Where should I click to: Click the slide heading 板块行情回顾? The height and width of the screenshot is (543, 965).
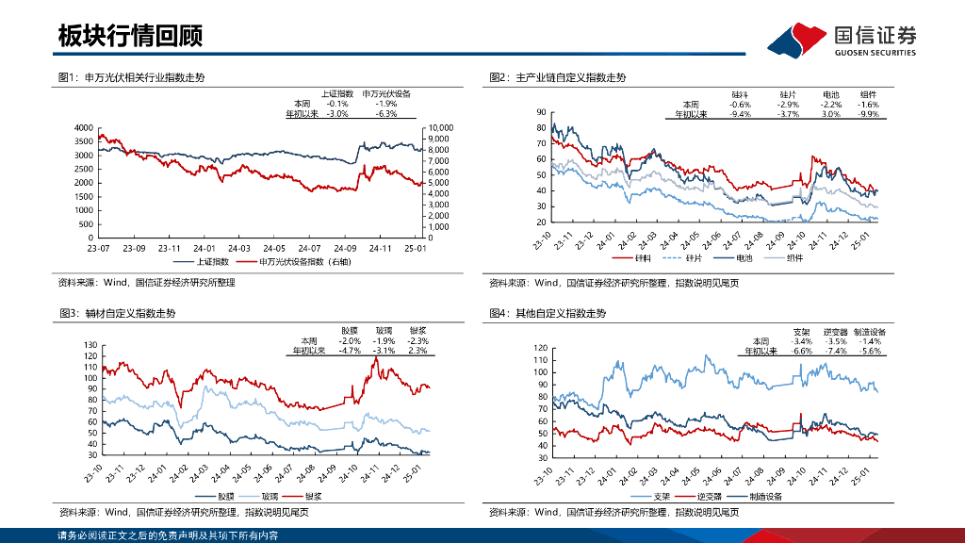[x=130, y=37]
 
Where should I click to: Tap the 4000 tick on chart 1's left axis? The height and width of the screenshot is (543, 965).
[x=83, y=127]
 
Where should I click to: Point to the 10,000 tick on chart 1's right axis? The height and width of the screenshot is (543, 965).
[x=441, y=127]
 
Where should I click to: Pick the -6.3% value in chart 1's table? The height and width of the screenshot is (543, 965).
[x=385, y=113]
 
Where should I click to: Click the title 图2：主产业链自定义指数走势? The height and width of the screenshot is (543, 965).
[x=557, y=77]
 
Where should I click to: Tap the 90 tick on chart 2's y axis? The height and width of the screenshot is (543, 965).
[x=541, y=112]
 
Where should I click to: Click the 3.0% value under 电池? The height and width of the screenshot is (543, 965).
[x=830, y=113]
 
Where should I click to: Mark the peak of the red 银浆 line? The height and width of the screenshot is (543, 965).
[x=376, y=358]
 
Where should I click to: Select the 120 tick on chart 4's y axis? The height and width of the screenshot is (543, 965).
[x=541, y=348]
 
